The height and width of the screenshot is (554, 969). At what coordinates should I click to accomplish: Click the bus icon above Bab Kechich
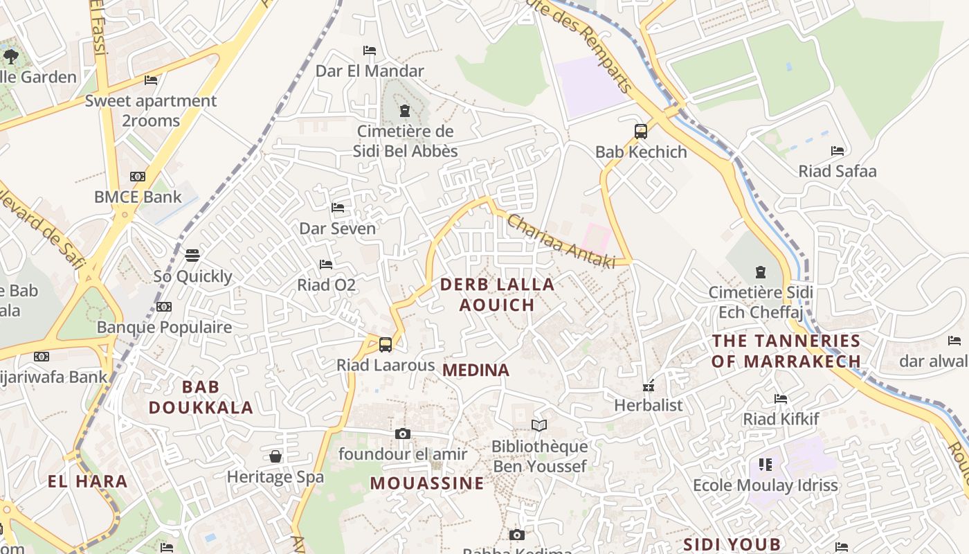tap(641, 131)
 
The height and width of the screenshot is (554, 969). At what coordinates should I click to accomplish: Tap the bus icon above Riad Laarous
tap(386, 344)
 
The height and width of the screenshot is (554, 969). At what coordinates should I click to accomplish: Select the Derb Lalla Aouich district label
tap(497, 294)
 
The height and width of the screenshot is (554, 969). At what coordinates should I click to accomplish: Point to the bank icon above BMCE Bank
tap(138, 177)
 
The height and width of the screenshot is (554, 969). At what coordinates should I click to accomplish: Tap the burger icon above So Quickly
tap(192, 256)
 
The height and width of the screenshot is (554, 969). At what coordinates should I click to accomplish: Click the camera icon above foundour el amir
tap(402, 434)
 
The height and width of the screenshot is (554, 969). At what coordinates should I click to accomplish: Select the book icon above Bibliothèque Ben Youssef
tap(539, 425)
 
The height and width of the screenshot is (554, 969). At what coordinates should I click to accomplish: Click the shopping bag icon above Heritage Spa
tap(275, 456)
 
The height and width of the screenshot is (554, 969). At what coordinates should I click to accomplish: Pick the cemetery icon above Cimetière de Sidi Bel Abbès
tap(405, 111)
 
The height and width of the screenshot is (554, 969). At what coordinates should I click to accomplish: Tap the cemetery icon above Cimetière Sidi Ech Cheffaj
tap(761, 272)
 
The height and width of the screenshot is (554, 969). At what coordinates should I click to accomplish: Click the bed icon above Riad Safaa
tap(837, 151)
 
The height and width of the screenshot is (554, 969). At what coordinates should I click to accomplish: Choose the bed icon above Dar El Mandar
tap(370, 51)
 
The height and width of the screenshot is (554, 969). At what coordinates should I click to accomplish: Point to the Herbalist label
tap(649, 405)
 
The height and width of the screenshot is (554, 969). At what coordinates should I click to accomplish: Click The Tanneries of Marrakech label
tap(786, 351)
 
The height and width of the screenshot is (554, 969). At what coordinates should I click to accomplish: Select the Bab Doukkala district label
tap(201, 397)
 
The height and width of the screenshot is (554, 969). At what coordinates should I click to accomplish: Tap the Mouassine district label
tap(427, 483)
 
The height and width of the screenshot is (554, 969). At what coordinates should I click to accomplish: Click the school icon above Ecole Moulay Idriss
tap(765, 464)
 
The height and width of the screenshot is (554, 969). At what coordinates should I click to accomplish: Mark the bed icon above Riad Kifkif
tap(781, 399)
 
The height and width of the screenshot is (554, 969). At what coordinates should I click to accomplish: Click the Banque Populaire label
tap(164, 327)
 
